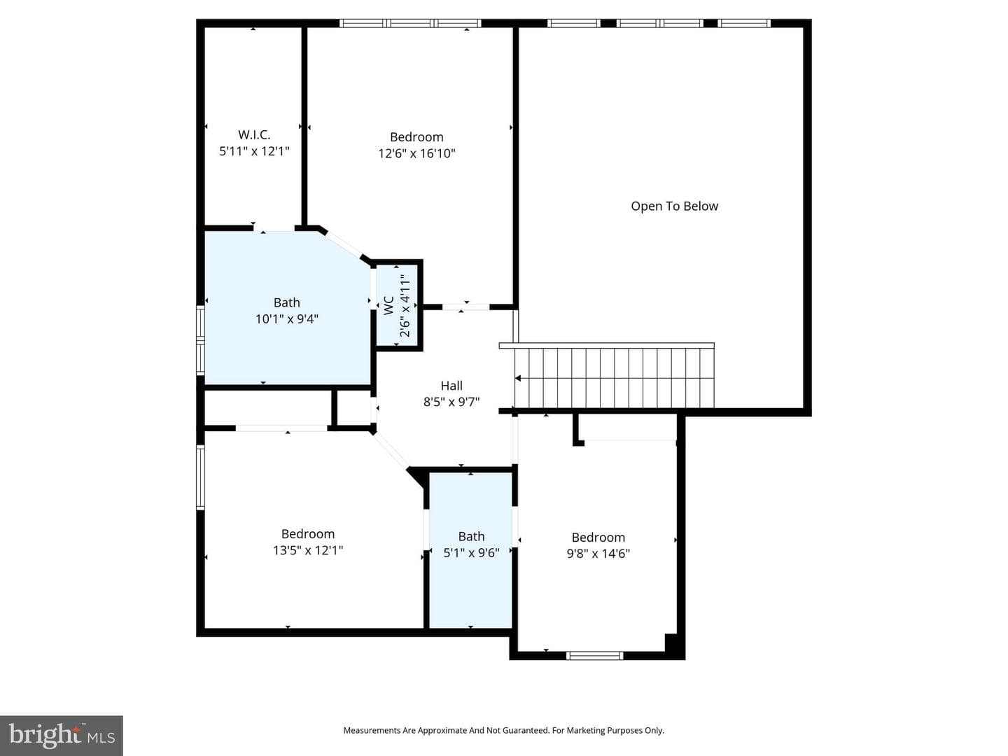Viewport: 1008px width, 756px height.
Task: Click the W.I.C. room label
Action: (254, 134)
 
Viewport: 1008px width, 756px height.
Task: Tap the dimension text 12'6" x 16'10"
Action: (416, 153)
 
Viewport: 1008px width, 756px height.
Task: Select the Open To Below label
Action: (674, 206)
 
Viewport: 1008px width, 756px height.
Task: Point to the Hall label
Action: (451, 386)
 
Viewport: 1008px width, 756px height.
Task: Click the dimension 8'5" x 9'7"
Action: (451, 402)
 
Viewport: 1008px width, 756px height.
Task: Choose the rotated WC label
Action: (389, 306)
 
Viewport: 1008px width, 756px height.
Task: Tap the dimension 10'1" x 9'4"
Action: (287, 318)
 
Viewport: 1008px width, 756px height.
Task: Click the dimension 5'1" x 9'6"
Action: (471, 553)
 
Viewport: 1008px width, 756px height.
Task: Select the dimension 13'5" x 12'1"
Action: (308, 550)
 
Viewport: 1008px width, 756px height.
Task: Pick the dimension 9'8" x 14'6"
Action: (598, 554)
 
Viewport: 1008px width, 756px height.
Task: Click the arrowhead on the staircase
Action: (518, 378)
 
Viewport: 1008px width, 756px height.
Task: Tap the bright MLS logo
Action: (62, 735)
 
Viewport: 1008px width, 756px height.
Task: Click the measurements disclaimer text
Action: (504, 730)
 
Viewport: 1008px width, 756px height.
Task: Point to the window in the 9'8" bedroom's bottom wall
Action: (594, 656)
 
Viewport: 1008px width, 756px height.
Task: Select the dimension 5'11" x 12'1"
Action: (254, 151)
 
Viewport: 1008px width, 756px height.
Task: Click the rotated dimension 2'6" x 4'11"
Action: (405, 306)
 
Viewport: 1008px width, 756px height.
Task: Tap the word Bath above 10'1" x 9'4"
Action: (287, 302)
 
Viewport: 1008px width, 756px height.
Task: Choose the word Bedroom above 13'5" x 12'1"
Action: (308, 534)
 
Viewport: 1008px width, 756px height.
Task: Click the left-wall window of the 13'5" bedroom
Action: (200, 477)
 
